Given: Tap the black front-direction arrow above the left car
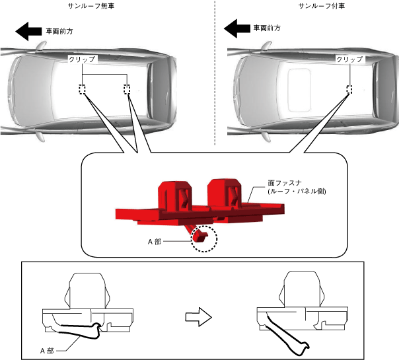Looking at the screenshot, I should pyautogui.click(x=28, y=30).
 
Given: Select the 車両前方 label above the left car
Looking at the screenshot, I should pyautogui.click(x=59, y=30).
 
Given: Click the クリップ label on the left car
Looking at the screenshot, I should pyautogui.click(x=83, y=59).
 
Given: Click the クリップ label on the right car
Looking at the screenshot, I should pyautogui.click(x=349, y=59).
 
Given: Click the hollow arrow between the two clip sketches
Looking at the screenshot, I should pyautogui.click(x=201, y=317).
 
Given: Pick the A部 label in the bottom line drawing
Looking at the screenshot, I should pyautogui.click(x=48, y=350).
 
